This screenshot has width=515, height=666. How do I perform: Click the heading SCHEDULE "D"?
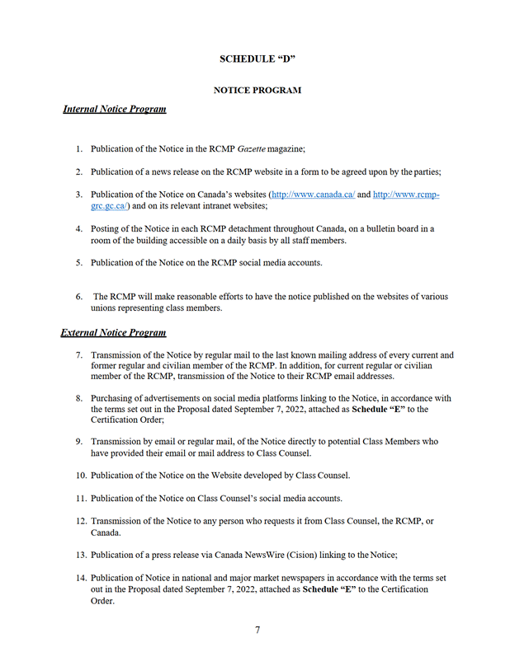(257, 59)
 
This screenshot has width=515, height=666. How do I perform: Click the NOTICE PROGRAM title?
(257, 90)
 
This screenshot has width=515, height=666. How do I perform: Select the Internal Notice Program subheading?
(114, 109)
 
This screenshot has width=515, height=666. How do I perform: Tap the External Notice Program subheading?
(113, 333)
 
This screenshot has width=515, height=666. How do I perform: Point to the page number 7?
(257, 631)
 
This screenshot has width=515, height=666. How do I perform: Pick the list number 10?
(81, 476)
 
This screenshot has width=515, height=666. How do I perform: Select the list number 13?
(81, 556)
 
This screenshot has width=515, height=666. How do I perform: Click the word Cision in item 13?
(304, 556)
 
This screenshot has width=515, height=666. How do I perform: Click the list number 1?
(79, 149)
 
